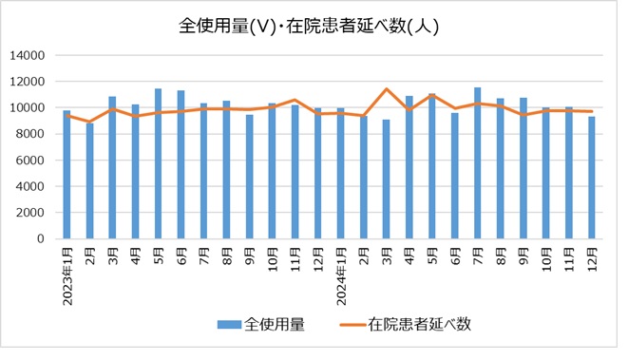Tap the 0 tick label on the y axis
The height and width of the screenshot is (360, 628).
[42, 239]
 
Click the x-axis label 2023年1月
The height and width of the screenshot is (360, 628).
[67, 276]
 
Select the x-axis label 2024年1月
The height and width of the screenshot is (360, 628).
[340, 276]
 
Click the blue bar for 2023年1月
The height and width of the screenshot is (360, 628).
[67, 175]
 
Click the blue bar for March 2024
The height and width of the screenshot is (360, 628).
[386, 180]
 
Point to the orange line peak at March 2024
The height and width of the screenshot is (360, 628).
[386, 89]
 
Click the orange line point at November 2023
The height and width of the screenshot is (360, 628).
[295, 100]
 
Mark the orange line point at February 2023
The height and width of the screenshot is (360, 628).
[89, 122]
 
